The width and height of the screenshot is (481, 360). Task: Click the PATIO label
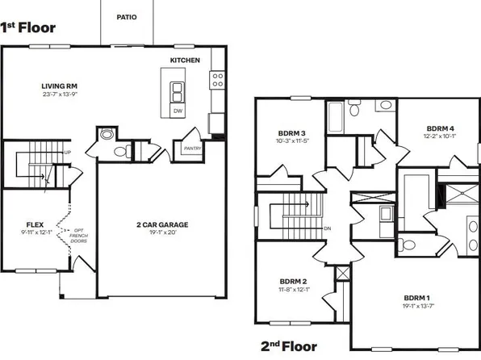[x=126, y=16]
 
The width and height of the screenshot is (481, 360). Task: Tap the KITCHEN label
[x=185, y=61]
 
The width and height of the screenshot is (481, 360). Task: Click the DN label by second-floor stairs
[x=326, y=228]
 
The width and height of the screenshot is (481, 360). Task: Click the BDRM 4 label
[x=440, y=128]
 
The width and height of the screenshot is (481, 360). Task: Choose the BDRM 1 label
[x=419, y=298]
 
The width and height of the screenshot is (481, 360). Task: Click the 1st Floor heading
[x=28, y=27]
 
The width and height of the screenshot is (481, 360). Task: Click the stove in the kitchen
[x=216, y=80]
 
